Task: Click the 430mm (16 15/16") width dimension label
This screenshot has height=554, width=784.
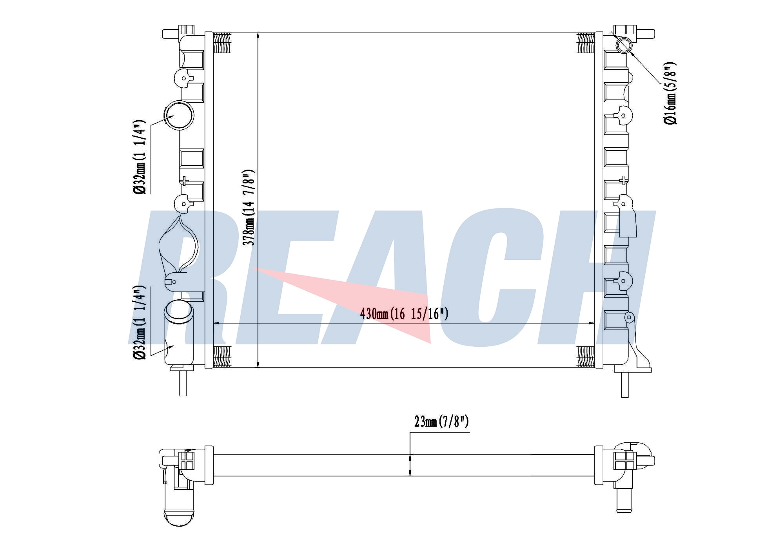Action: (404, 314)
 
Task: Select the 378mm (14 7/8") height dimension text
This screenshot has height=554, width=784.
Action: (249, 207)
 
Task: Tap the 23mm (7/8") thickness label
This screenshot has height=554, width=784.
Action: (441, 422)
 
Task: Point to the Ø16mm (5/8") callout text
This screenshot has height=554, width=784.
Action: (670, 93)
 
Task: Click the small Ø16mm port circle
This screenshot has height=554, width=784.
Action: (624, 45)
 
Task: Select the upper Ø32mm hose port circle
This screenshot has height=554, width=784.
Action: (179, 115)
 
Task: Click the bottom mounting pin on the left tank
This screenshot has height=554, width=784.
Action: (183, 383)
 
